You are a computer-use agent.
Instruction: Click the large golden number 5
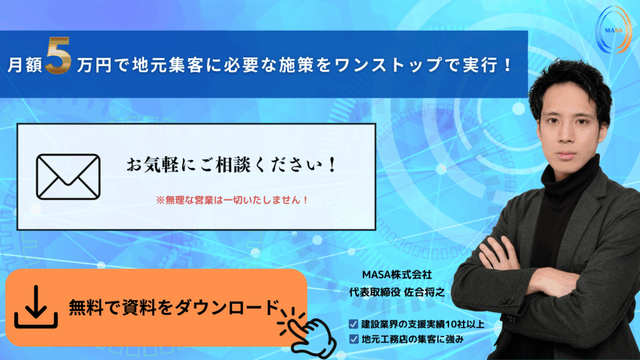pos(58,55)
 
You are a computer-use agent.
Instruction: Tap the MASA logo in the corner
pos(614,30)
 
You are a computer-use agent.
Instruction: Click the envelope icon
pos(68,177)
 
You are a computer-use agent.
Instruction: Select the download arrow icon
pos(36,306)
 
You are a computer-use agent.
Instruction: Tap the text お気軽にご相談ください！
pos(231,165)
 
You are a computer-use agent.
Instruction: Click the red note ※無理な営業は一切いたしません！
pos(232,200)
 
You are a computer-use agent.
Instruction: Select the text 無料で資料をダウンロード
pos(174,307)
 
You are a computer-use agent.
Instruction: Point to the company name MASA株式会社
pos(397,275)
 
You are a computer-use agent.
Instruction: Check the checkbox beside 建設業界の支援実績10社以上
pos(354,324)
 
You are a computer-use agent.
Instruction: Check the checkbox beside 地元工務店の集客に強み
pos(354,339)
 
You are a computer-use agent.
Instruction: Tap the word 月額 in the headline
pos(25,65)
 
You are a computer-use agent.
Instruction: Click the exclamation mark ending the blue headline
pos(507,65)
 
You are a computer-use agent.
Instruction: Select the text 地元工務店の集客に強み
pos(412,339)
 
